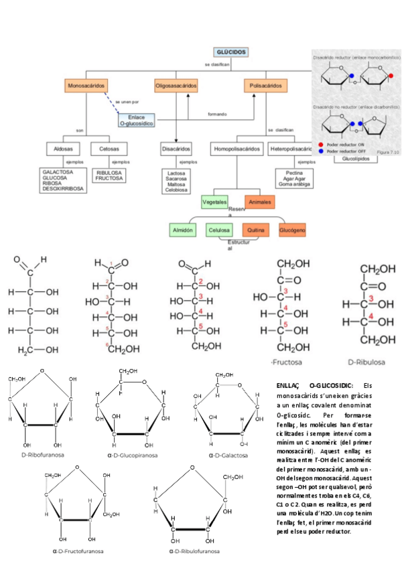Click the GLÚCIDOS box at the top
tap(231, 52)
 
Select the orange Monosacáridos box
tap(87, 86)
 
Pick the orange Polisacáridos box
tap(265, 86)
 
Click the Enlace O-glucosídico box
tap(137, 120)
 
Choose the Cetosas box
tap(109, 148)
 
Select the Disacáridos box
tap(176, 148)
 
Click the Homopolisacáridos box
tap(237, 148)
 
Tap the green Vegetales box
tap(214, 202)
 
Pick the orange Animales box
tap(259, 202)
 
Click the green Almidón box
tap(184, 230)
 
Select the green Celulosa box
tap(219, 230)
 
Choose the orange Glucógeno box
tap(292, 230)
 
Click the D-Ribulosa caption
tap(366, 362)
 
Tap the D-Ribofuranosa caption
tap(43, 455)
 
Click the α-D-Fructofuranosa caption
tap(78, 551)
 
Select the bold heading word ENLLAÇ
tap(289, 386)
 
